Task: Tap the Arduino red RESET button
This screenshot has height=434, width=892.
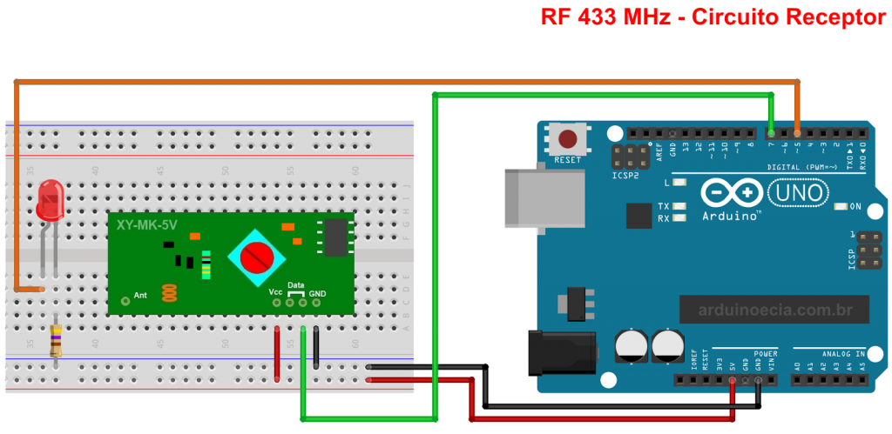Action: (568, 139)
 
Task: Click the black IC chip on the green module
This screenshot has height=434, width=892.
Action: (334, 238)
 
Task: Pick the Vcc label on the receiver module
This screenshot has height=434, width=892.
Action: (275, 291)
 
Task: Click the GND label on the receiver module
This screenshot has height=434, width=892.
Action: (317, 294)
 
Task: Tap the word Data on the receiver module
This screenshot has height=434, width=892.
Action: (296, 284)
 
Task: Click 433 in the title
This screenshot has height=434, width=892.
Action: (594, 17)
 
